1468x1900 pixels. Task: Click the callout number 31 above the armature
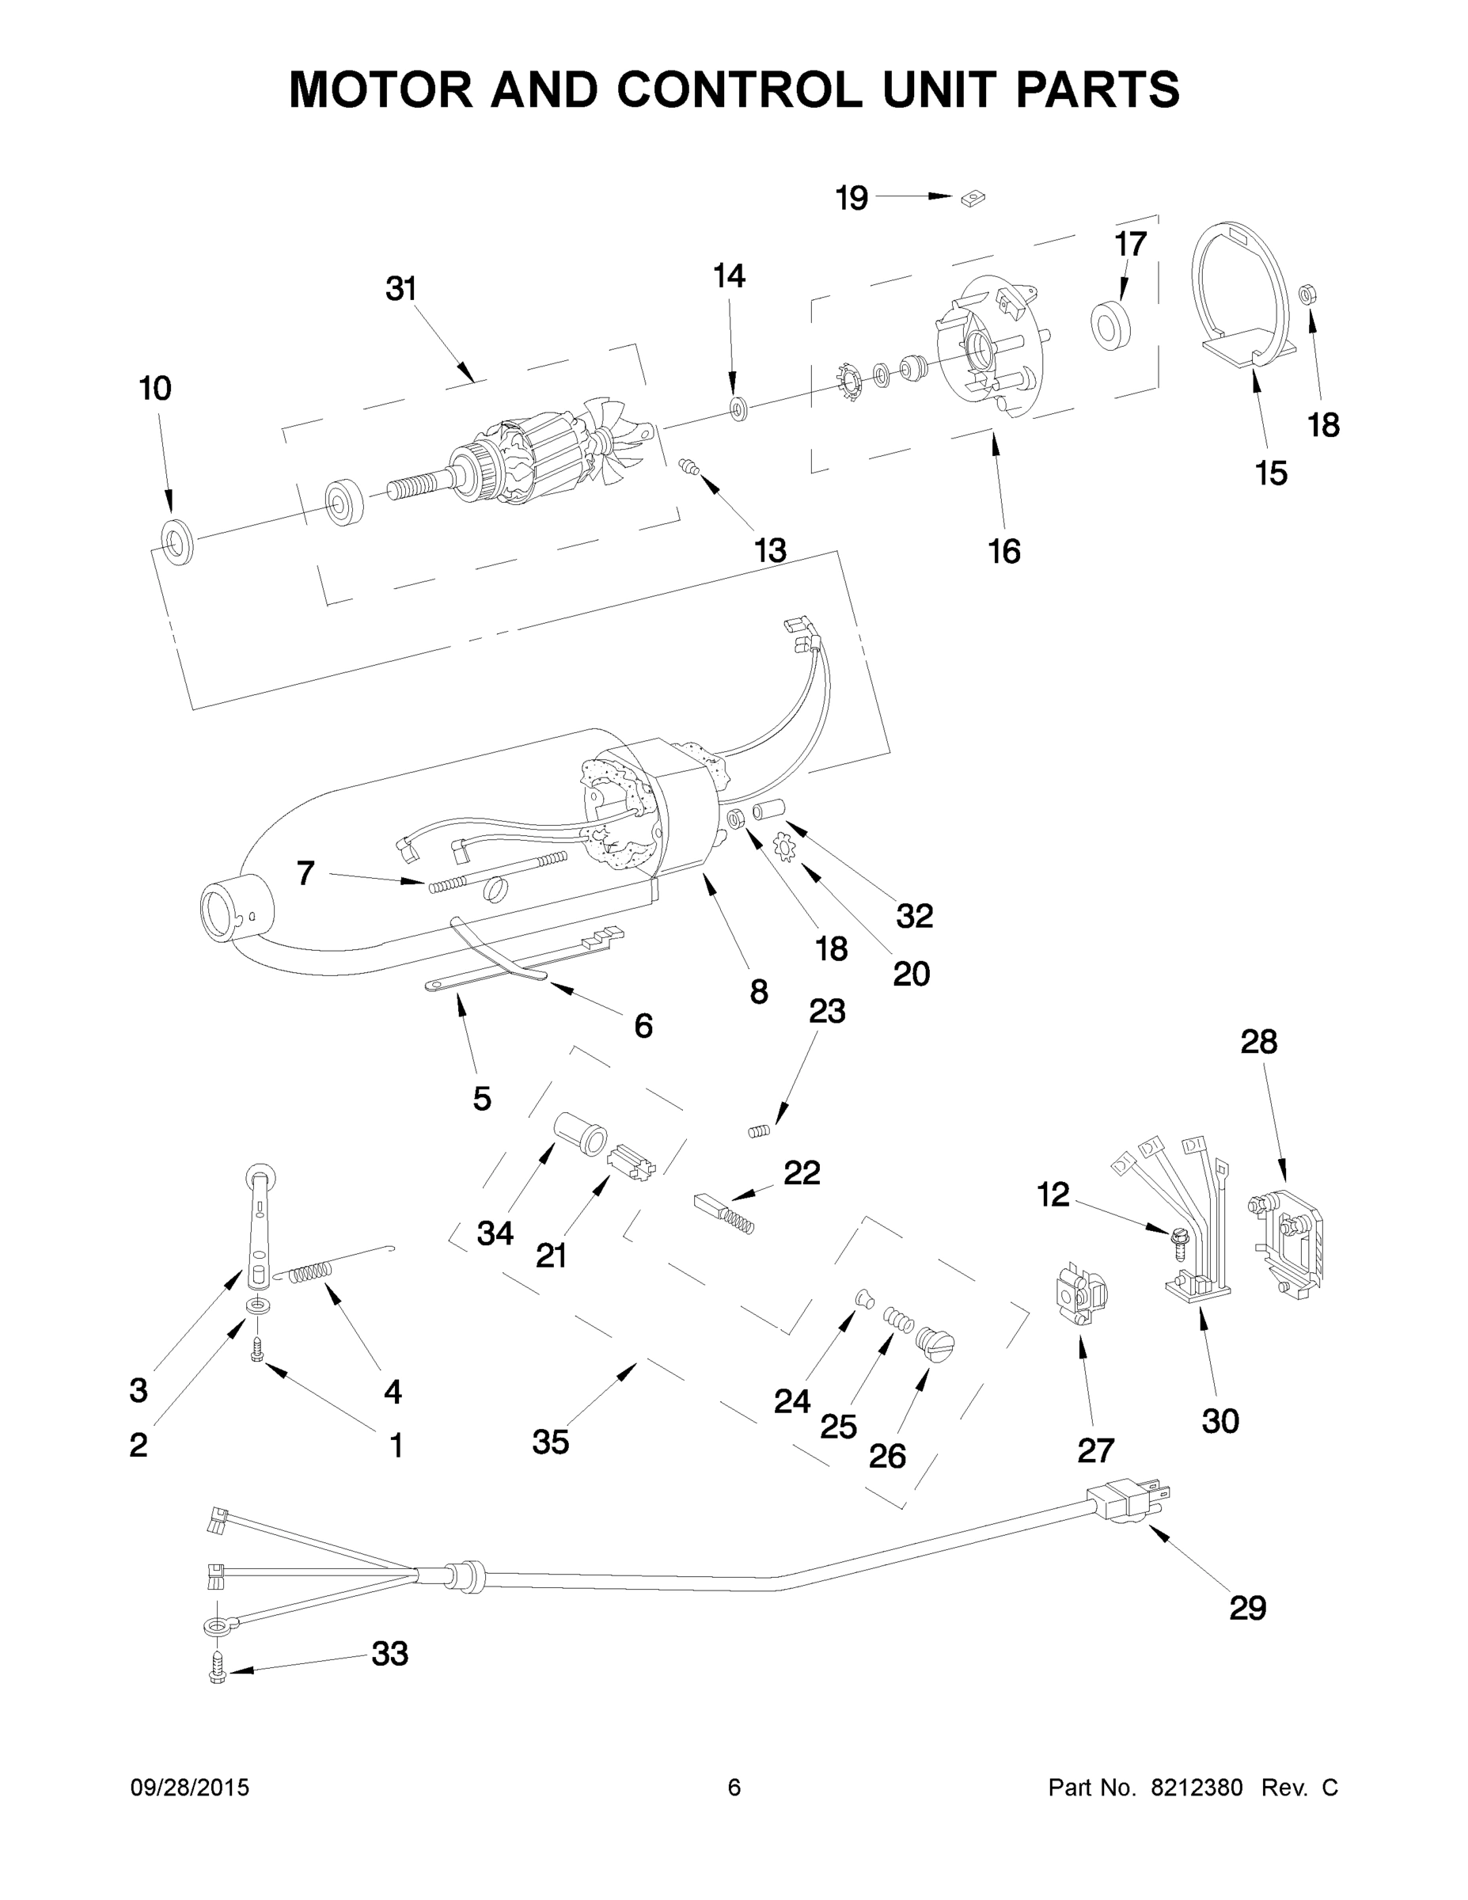tap(401, 289)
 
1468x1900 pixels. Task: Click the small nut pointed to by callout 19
tap(973, 199)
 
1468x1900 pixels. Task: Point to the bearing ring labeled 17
tap(1109, 326)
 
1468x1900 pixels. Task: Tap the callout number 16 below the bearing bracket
tap(1004, 552)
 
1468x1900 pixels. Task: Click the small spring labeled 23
tap(759, 1131)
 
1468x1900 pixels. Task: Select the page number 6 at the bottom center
tap(734, 1788)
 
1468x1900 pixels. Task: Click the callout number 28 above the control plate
tap(1258, 1041)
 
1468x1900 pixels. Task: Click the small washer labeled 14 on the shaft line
tap(739, 406)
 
